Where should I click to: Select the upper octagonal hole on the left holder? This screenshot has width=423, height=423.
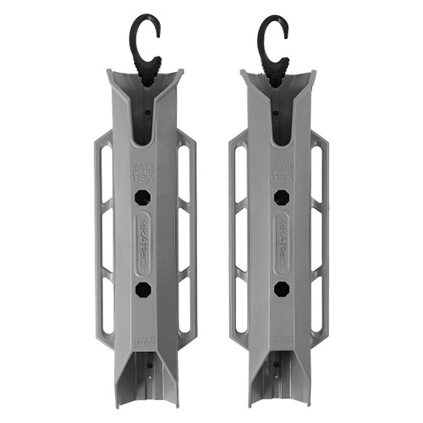pyautogui.click(x=142, y=197)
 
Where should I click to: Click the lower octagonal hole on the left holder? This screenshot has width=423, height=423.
pyautogui.click(x=142, y=289)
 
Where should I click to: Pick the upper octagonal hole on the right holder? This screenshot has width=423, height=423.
pyautogui.click(x=281, y=197)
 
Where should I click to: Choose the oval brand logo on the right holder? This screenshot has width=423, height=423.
pyautogui.click(x=281, y=244)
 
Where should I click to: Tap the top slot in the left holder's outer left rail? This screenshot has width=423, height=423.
pyautogui.click(x=105, y=173)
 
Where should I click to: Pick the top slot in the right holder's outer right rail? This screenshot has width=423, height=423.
pyautogui.click(x=319, y=173)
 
